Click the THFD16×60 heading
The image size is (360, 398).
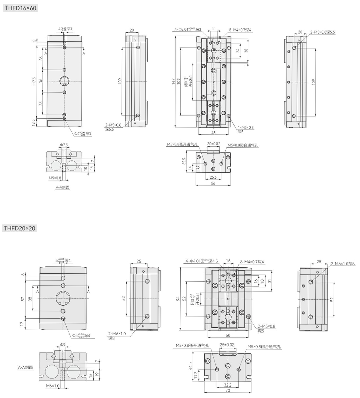[20, 8]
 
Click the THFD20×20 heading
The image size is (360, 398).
[20, 228]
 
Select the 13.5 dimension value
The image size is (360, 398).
[34, 122]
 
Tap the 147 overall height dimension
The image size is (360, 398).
[173, 82]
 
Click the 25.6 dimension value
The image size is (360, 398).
[213, 177]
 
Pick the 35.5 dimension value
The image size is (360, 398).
[184, 162]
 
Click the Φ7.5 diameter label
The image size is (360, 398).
[64, 145]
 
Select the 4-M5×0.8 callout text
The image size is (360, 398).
[245, 127]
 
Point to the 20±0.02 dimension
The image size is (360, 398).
[214, 144]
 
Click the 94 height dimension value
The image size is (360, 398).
[178, 298]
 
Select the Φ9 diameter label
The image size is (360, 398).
[63, 345]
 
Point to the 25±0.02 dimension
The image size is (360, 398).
[227, 345]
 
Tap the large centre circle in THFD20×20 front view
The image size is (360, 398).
[63, 298]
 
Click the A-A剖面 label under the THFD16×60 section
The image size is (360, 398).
[63, 188]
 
